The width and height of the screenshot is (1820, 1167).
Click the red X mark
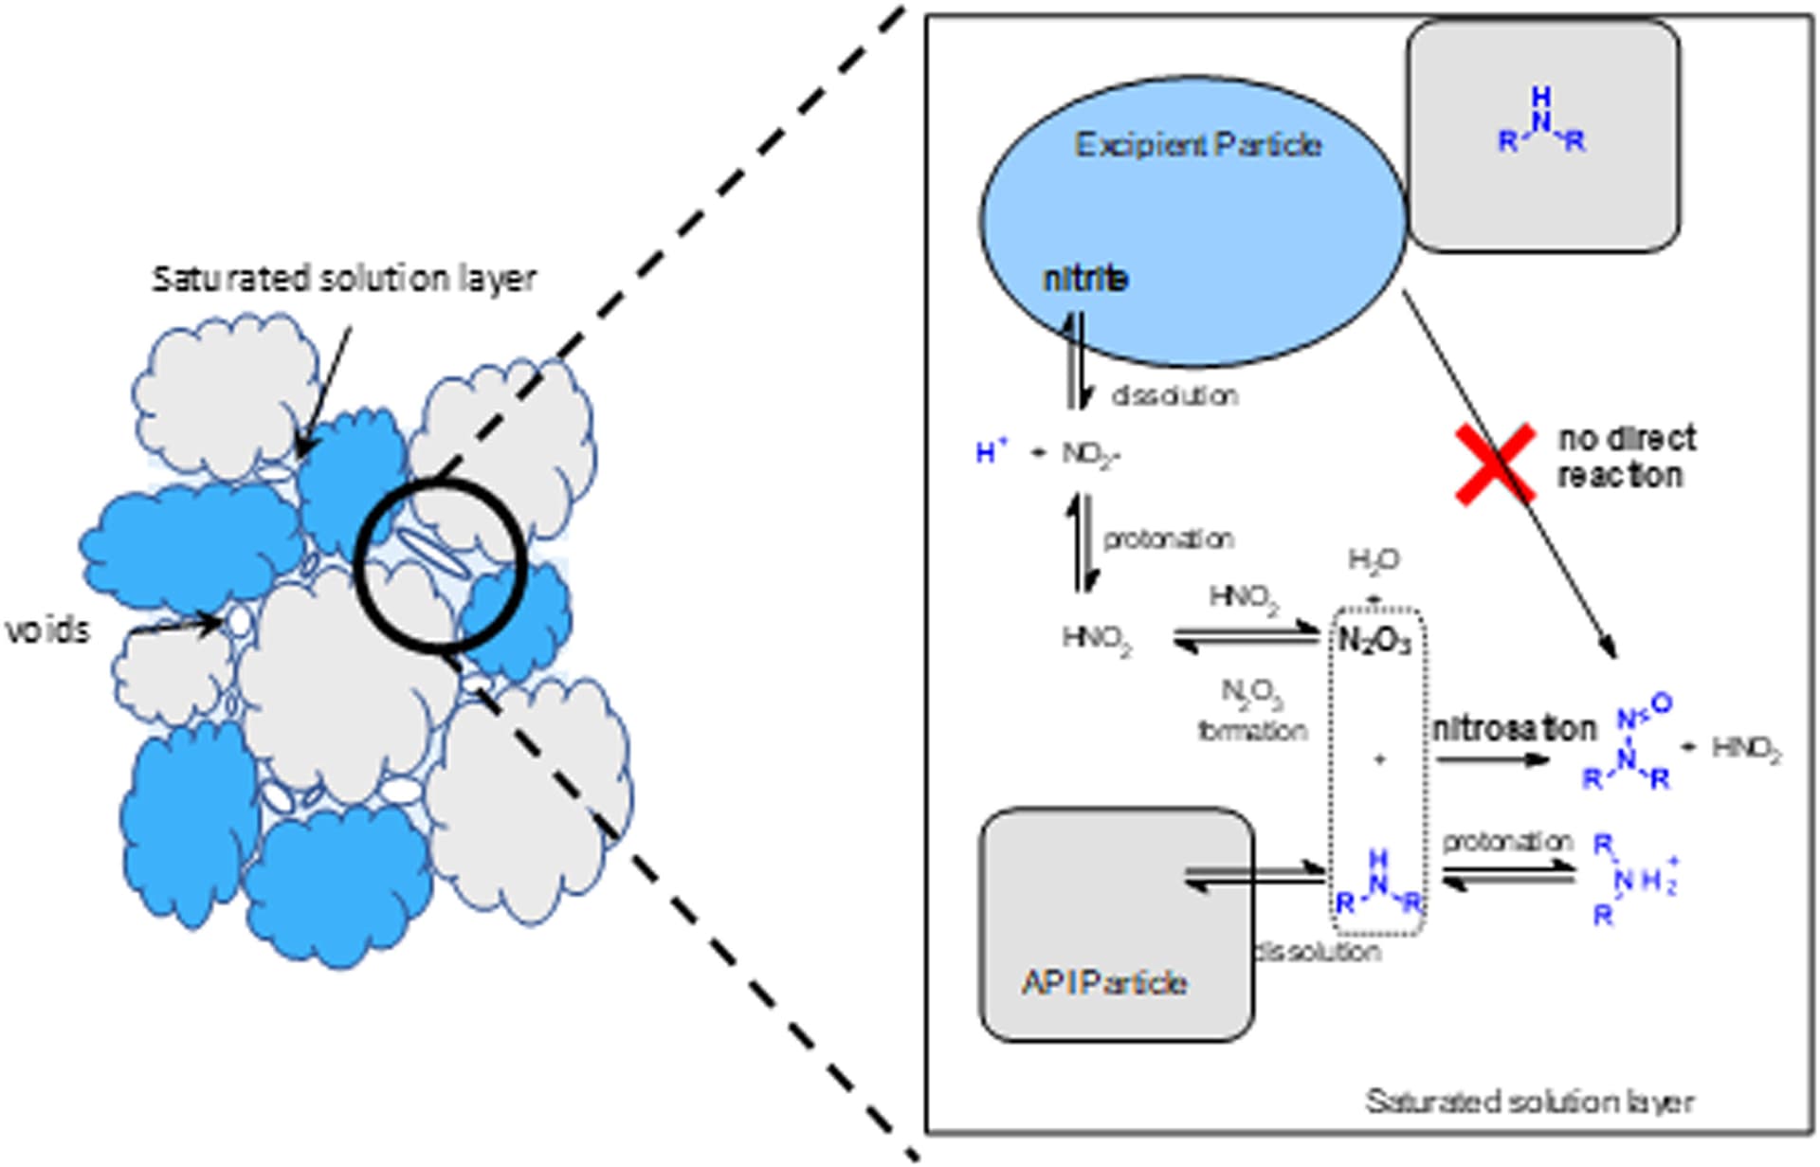click(x=1495, y=464)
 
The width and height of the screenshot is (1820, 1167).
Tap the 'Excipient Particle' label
click(x=1197, y=145)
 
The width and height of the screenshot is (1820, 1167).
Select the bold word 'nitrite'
click(x=1085, y=279)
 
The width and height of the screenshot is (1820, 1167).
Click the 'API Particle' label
click(x=1104, y=982)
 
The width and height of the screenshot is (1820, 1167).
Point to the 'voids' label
click(x=47, y=630)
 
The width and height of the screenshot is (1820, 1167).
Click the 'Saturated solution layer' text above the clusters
click(x=344, y=279)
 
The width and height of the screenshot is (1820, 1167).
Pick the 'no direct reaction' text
click(x=1626, y=457)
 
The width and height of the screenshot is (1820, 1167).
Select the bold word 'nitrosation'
click(x=1514, y=729)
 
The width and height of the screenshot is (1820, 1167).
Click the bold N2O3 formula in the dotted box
click(x=1374, y=642)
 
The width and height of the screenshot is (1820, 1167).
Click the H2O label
click(x=1374, y=561)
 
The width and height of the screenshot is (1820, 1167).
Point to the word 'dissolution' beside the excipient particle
click(x=1174, y=395)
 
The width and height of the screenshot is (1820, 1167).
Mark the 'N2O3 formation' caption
click(x=1252, y=711)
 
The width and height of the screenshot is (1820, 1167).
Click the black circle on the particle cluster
click(x=440, y=565)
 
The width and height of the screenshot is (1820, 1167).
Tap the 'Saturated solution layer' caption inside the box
click(x=1529, y=1102)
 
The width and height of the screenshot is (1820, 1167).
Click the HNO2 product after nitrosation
click(x=1746, y=749)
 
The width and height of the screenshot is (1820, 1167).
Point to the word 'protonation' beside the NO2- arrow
click(x=1168, y=539)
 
